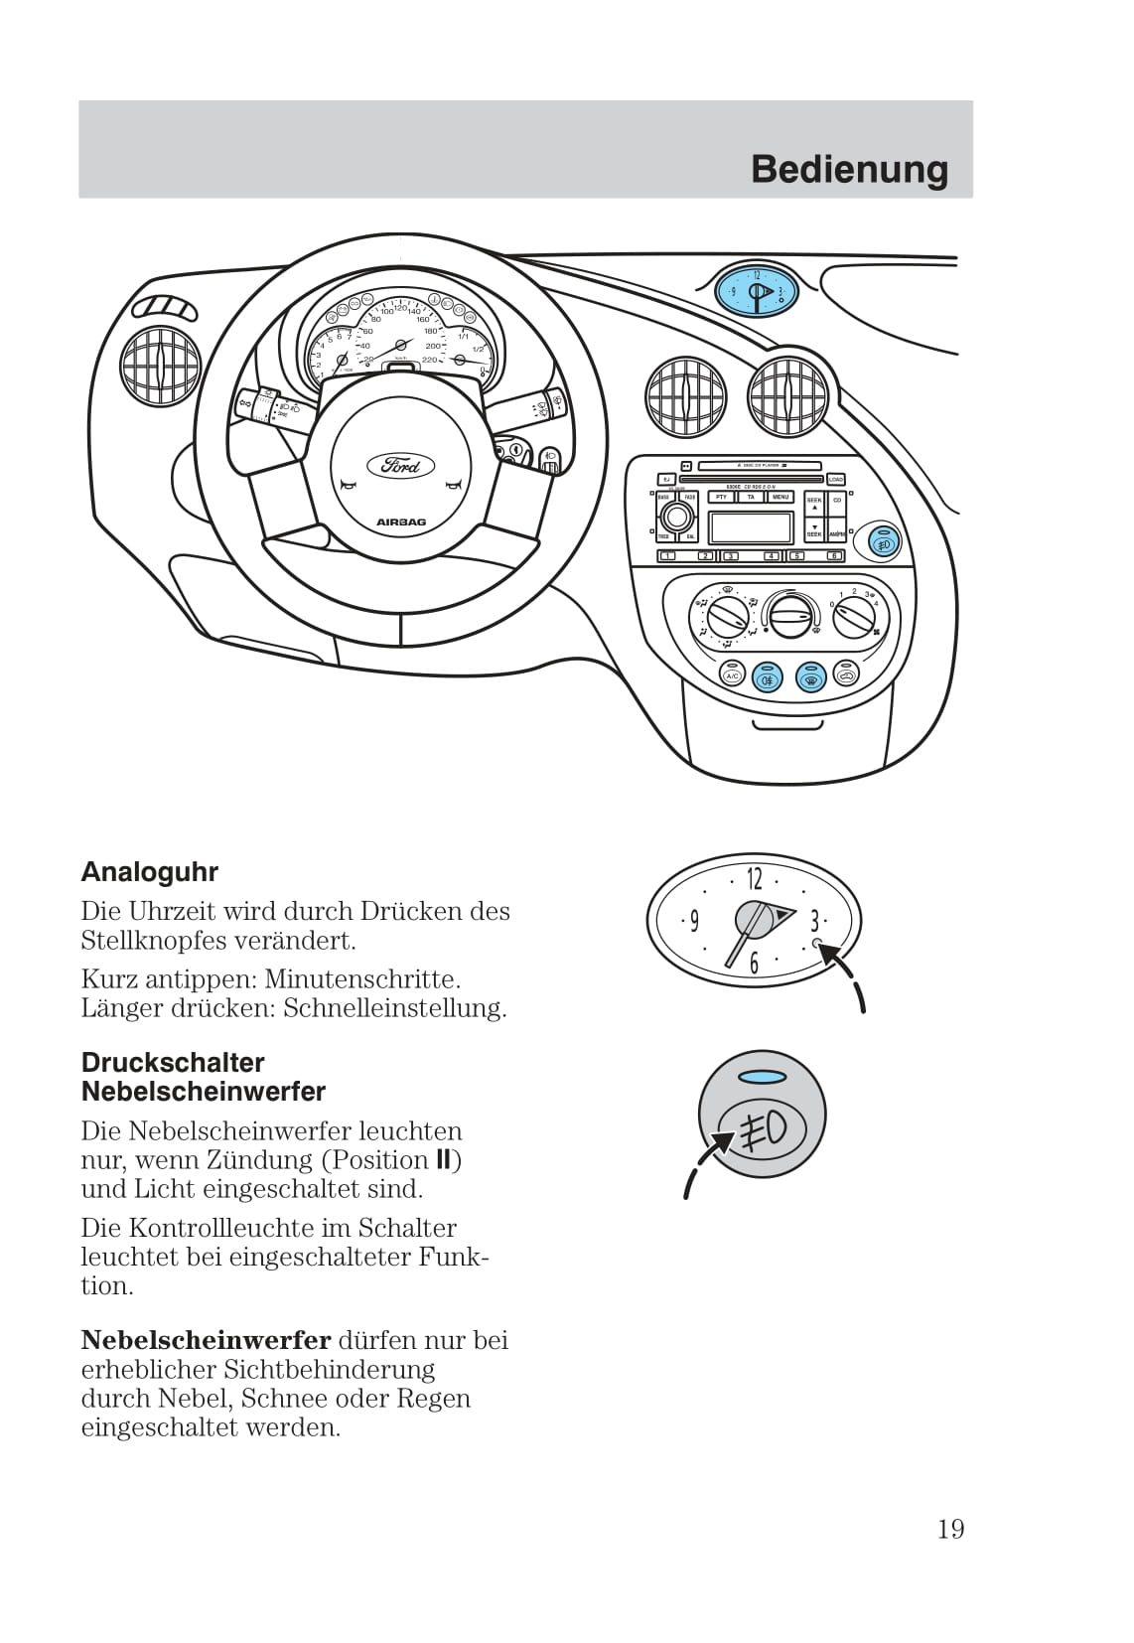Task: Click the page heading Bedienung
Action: (849, 170)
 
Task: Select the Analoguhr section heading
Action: (149, 872)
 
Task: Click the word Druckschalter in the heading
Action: (173, 1062)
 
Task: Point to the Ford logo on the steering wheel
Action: (400, 465)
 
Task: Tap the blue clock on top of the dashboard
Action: (757, 291)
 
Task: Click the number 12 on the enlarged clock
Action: (754, 878)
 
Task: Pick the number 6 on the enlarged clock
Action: (754, 963)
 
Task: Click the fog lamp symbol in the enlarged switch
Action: (763, 1128)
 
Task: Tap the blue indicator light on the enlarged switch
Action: (762, 1076)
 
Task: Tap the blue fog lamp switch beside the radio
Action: (883, 542)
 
